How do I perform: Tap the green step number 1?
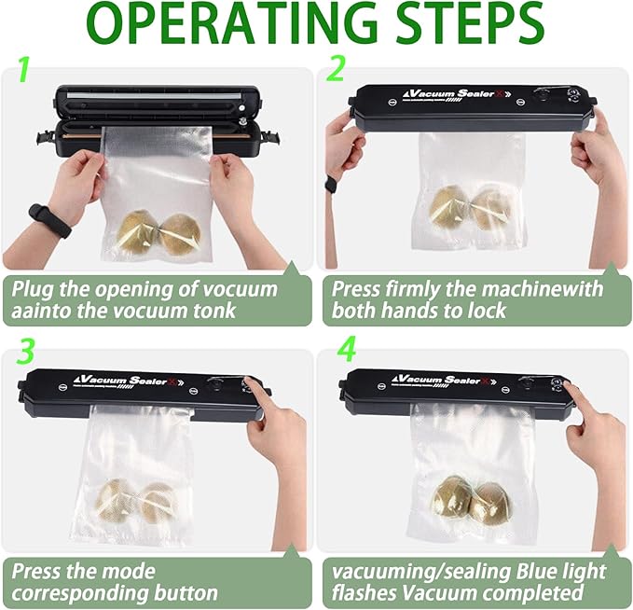pos(26,69)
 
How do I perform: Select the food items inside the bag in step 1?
pos(161,233)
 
